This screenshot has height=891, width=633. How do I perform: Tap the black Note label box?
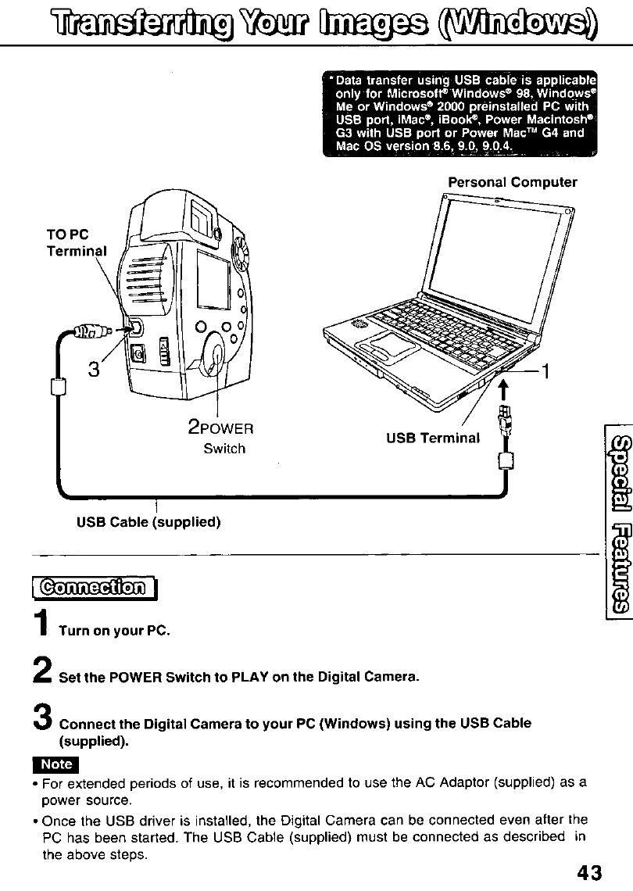click(56, 764)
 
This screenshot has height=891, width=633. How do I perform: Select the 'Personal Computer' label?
click(512, 182)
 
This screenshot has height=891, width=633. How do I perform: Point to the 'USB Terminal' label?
click(432, 438)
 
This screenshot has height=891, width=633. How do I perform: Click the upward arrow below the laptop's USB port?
click(504, 387)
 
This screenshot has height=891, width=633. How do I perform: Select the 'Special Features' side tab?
click(614, 504)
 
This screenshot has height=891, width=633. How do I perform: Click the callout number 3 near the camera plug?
click(95, 368)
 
